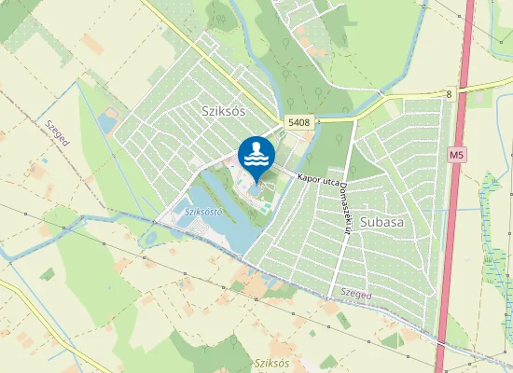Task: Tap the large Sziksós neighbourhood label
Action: pos(222,110)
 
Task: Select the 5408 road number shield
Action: pos(298,122)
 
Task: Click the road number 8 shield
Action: pos(449,94)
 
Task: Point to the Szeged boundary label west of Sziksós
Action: pos(57,139)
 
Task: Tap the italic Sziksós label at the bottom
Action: pos(271,362)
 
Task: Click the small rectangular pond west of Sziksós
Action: pos(107,123)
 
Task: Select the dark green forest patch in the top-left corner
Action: pos(14,19)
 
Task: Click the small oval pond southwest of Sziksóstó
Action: pos(146,239)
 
